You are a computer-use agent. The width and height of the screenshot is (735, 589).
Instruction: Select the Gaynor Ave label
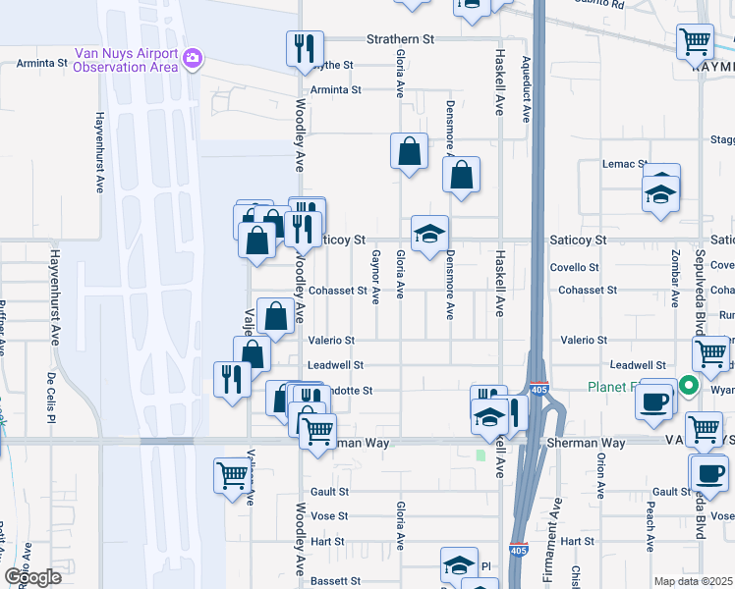tap(375, 278)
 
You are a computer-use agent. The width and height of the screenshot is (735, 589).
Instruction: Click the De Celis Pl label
tap(49, 398)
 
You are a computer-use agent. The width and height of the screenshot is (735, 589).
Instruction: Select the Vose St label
tap(329, 515)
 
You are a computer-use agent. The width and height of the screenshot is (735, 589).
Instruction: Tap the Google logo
tap(31, 577)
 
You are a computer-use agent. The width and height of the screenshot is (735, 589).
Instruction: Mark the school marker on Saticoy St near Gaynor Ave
tap(429, 234)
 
